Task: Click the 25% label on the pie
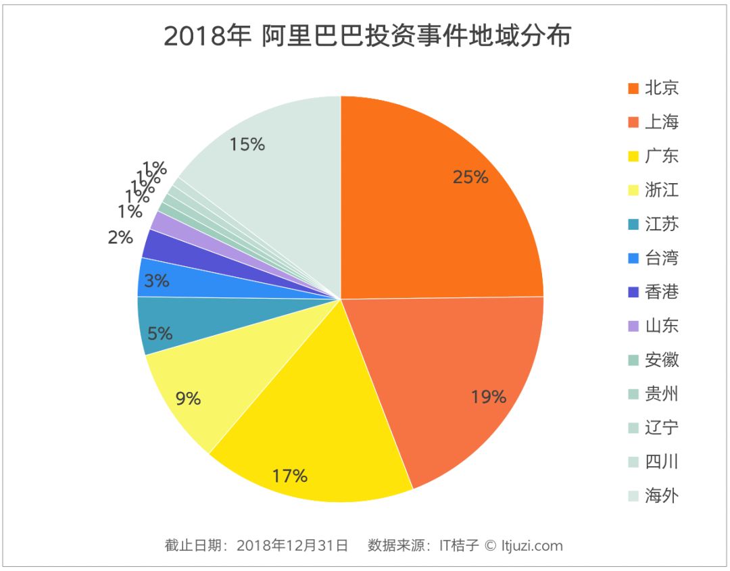coord(470,177)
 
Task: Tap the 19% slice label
coord(489,397)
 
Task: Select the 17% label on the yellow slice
coord(290,476)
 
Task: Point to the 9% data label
coord(188,399)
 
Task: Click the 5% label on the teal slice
coord(160,334)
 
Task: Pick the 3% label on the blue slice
coord(156,280)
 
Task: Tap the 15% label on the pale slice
coord(247,144)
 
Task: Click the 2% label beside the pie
coord(120,237)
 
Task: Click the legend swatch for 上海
coord(633,122)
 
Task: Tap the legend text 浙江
coord(662,190)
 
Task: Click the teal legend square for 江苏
coord(633,224)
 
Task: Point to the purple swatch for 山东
coord(633,326)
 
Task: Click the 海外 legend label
coord(662,496)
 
